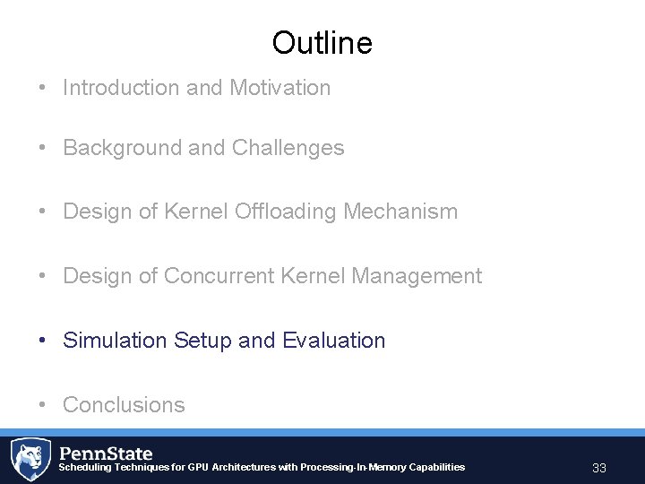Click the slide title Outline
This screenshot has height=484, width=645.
point(322,42)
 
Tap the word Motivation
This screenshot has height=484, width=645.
point(279,88)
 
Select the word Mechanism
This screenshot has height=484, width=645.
point(408,212)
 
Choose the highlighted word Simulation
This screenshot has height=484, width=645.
point(115,341)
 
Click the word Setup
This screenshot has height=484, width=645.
point(203,341)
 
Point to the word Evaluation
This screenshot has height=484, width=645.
point(333,341)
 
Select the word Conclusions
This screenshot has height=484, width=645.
point(124,405)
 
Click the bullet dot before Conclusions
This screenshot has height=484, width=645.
point(43,406)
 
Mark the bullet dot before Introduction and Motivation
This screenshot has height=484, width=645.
point(43,89)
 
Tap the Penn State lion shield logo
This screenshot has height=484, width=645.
point(30,459)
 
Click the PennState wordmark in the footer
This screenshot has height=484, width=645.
point(106,453)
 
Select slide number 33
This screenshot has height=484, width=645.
point(599,468)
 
